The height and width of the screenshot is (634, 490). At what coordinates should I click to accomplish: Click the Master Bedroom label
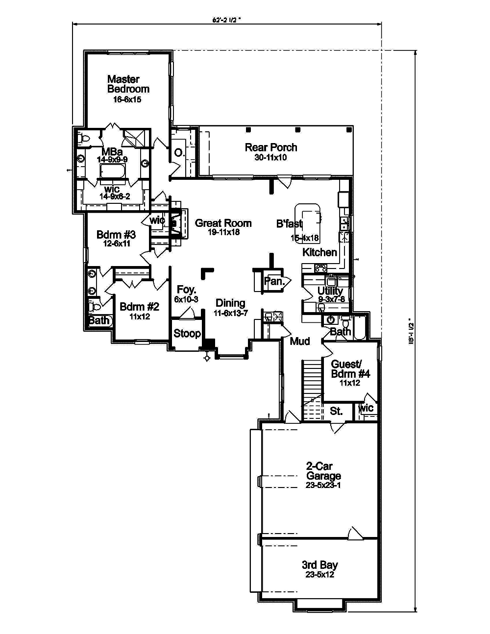click(x=128, y=84)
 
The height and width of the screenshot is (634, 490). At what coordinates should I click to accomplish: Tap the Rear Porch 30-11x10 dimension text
click(x=271, y=158)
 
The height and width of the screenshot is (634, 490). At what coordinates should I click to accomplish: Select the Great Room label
click(x=223, y=223)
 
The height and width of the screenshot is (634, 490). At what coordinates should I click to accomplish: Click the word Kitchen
click(x=319, y=252)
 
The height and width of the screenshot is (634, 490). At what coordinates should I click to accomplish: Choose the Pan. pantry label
click(x=273, y=281)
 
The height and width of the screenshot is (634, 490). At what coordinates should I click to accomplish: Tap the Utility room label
click(x=330, y=291)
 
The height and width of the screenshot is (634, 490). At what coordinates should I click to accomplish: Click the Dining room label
click(x=230, y=303)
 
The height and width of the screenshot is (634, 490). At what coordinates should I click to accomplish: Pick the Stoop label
click(x=187, y=334)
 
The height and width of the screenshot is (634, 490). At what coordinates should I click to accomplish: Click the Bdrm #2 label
click(x=140, y=307)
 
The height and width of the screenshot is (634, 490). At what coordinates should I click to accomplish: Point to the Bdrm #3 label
click(x=116, y=234)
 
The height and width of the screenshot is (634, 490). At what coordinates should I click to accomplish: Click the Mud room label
click(x=299, y=341)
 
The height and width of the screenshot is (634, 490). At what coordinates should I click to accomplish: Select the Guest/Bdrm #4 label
click(x=350, y=368)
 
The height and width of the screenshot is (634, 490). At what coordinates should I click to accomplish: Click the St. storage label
click(x=336, y=411)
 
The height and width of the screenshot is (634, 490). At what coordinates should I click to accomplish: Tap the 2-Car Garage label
click(x=323, y=471)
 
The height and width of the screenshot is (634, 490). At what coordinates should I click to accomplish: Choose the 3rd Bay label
click(x=319, y=564)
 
